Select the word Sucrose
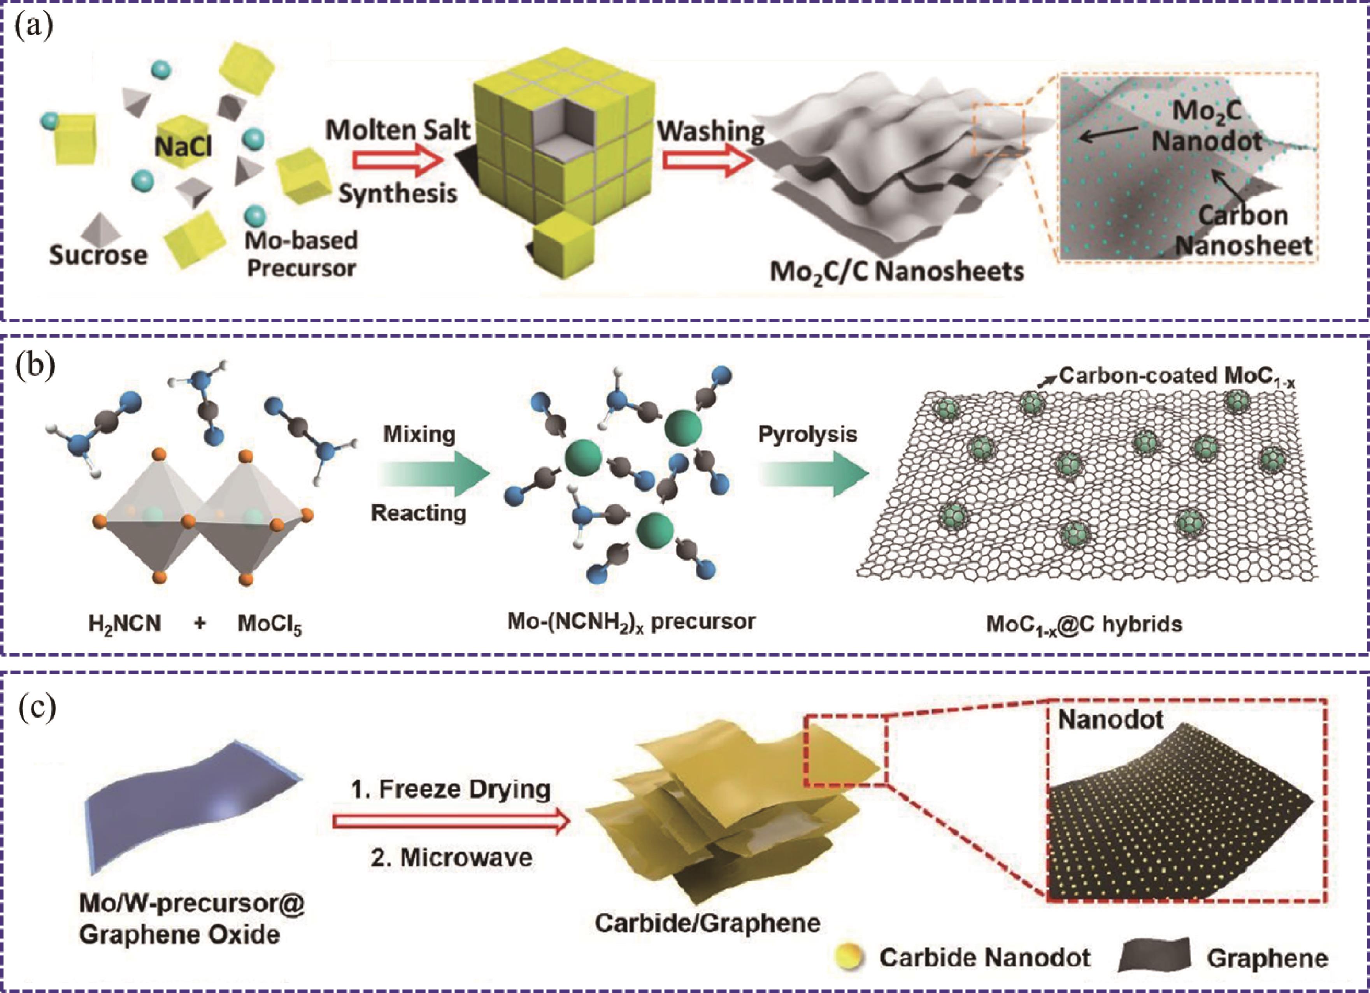coord(98,255)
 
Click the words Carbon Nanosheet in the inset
coord(1244,230)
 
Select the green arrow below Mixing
coord(433,473)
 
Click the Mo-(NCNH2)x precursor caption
coord(631,622)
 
